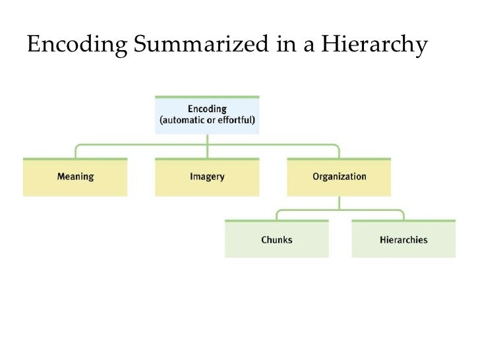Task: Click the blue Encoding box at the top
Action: tap(207, 115)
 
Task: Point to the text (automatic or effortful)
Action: tap(207, 121)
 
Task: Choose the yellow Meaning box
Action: tap(75, 177)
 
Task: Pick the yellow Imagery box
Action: tap(207, 177)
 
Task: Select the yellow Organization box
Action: tap(339, 177)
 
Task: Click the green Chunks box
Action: tap(277, 239)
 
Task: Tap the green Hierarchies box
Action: tap(404, 239)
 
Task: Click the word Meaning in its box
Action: tap(75, 177)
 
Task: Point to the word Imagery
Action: tap(207, 177)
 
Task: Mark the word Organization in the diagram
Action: tap(339, 177)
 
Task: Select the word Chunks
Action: tap(277, 240)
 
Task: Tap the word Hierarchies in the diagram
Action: tap(404, 240)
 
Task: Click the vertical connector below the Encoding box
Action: tap(207, 140)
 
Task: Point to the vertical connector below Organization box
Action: tap(339, 203)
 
